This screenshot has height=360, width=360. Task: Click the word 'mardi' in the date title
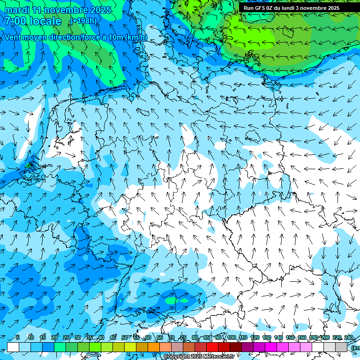pos(17,10)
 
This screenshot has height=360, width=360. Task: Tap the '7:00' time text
pos(17,21)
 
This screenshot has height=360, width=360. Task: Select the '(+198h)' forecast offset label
pos(83,21)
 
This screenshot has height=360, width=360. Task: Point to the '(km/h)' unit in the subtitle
pos(137,37)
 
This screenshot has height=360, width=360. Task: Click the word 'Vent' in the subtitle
pos(14,37)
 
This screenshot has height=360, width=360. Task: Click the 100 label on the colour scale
pos(232,338)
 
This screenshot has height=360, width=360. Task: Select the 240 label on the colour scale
pos(349,338)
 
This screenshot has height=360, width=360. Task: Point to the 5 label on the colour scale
pos(18,338)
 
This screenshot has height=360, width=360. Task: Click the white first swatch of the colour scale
pos(13,347)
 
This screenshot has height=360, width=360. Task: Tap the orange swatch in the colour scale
pos(154,347)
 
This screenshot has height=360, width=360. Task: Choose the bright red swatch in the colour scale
pos(212,347)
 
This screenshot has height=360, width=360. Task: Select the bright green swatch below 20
pos(60,347)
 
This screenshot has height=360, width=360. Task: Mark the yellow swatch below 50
pos(130,347)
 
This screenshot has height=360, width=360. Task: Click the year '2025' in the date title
pos(101,10)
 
